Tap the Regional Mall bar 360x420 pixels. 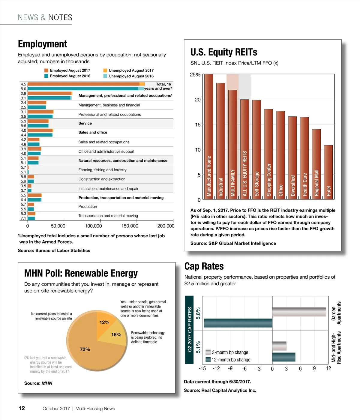point(316,164)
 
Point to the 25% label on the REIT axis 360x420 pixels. point(195,75)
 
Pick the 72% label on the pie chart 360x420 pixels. point(85,349)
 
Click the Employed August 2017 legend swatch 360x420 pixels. point(46,70)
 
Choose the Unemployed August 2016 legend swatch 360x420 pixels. point(105,76)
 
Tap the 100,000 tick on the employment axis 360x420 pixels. point(93,226)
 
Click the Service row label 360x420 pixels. point(85,123)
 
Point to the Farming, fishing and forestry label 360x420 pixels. point(102,170)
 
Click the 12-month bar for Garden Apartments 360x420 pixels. point(238,323)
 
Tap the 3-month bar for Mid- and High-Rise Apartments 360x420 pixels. point(279,346)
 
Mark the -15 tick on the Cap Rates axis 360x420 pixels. point(202,368)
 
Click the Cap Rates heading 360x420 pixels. point(204,266)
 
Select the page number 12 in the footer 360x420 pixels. point(22,408)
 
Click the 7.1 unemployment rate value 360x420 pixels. point(23,218)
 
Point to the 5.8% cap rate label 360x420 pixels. point(198,313)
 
